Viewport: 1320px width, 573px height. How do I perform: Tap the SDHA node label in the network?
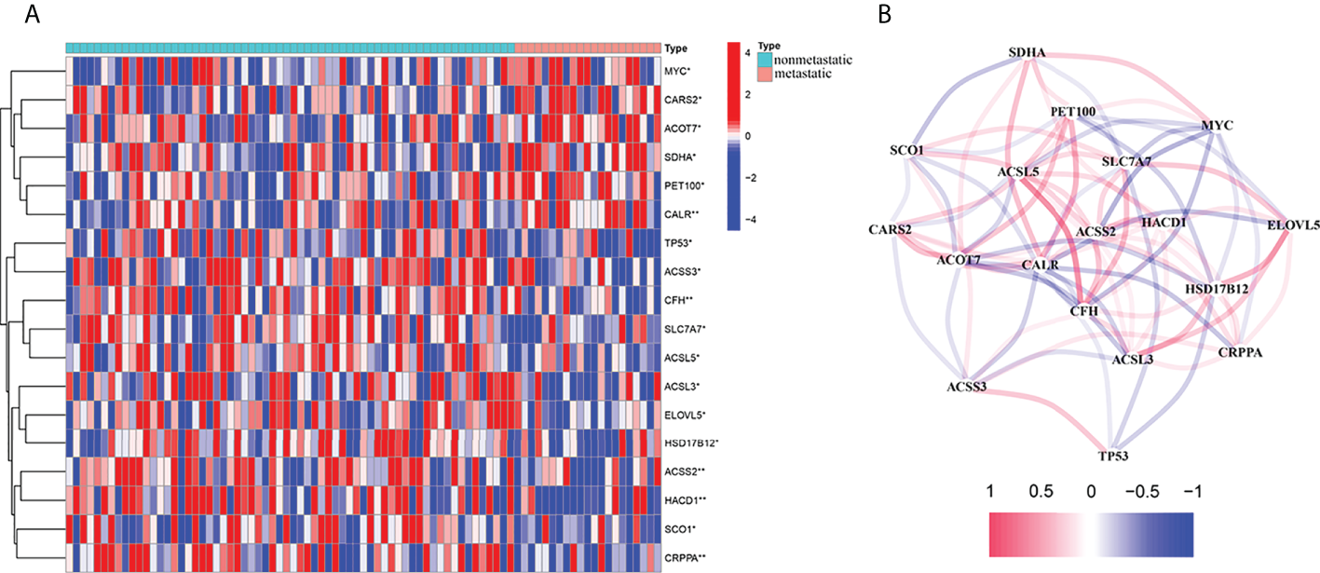click(1026, 53)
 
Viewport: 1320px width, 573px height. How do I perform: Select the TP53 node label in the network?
click(1115, 456)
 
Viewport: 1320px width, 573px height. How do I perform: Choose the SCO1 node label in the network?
click(907, 150)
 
